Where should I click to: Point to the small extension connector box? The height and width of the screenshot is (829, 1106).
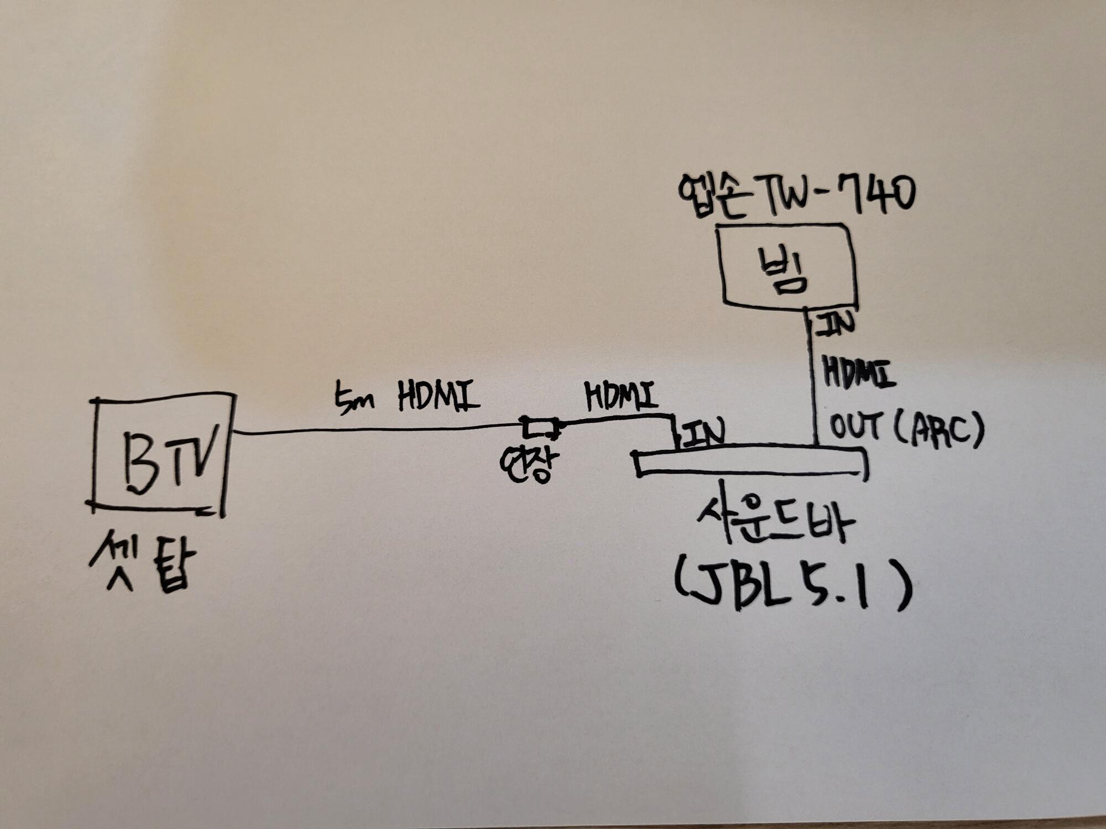click(539, 427)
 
